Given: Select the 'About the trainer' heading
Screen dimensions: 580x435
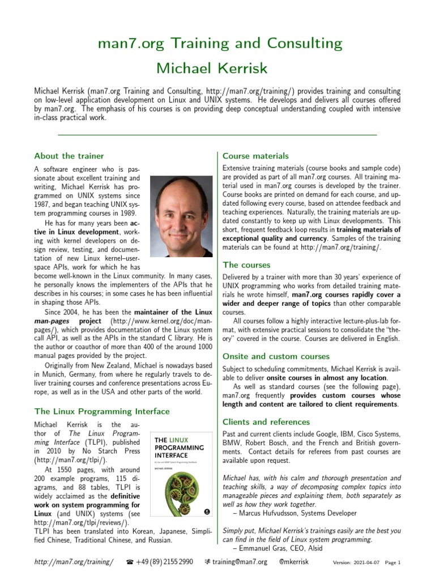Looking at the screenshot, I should coord(69,156).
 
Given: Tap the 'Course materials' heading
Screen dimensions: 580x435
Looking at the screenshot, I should coord(255,156).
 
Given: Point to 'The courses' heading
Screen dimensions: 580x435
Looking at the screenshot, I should coord(246,265).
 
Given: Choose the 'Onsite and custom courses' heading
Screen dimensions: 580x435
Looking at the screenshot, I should coord(276,356).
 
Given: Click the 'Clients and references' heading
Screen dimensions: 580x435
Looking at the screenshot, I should coord(266,421).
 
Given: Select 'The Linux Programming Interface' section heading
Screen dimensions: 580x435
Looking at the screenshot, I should coord(101,411).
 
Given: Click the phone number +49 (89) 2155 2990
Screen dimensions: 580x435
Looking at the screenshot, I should coord(165,562).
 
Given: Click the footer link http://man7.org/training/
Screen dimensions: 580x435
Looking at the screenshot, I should coord(74,562).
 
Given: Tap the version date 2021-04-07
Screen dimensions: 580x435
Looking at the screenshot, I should coord(368,563).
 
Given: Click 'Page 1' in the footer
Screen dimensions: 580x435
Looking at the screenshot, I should coord(393,563).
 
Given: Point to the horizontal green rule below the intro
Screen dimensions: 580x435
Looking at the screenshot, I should coord(217,135).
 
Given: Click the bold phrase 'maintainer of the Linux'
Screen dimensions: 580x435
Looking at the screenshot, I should coord(173,312).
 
